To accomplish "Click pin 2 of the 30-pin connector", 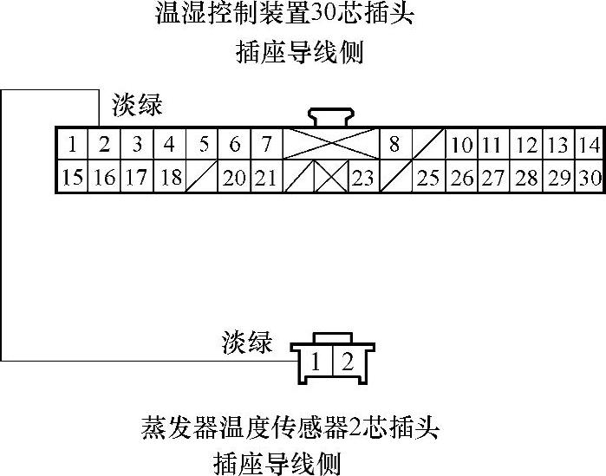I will pos(104,144).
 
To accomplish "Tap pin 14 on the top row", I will pos(590,145).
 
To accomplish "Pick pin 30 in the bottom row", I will pos(590,178).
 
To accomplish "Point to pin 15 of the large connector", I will pos(73,178).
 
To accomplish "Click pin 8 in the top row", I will pos(394,144).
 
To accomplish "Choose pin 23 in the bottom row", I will pos(362,178).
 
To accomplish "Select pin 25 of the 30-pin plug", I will pos(427,178).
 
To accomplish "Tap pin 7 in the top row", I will pos(266,144).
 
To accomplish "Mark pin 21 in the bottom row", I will pos(266,178).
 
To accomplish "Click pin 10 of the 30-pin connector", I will pos(462,145).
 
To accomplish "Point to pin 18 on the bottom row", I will pos(170,178).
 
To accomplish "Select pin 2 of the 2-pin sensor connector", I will pos(347,362).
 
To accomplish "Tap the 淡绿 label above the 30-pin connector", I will pos(137,107).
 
